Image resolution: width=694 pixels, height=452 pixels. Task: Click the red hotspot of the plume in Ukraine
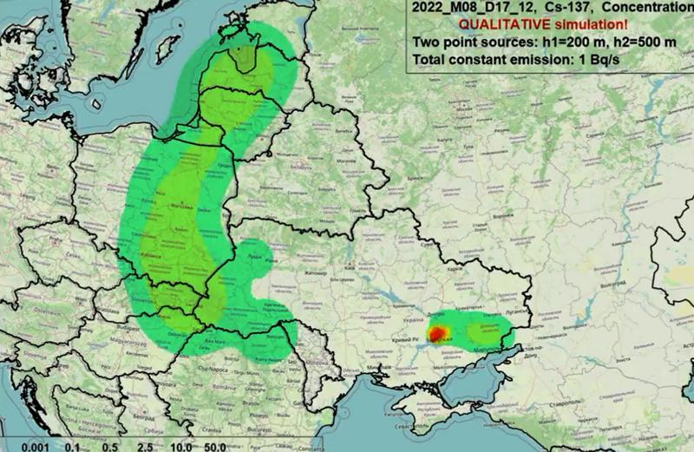coord(438,332)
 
